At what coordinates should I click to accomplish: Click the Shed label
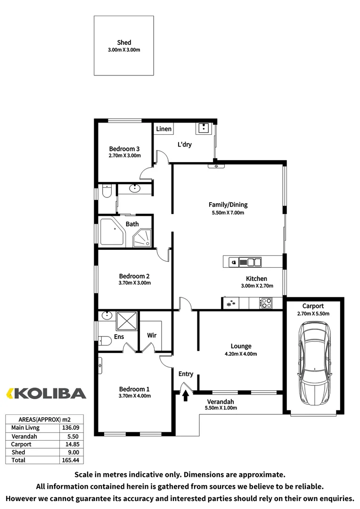point(124,42)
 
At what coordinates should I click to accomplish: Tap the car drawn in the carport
point(314,362)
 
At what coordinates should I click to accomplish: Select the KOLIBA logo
point(46,393)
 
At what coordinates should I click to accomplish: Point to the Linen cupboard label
point(164,129)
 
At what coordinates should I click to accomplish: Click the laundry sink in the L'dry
point(203,128)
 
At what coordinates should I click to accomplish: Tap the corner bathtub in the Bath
point(111,231)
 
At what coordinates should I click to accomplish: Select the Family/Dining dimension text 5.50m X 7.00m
point(228,213)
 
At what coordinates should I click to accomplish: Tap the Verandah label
point(220,402)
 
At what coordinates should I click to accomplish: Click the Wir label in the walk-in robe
point(152,336)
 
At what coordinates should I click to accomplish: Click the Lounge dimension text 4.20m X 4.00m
point(241,354)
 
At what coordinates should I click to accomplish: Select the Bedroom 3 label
point(124,148)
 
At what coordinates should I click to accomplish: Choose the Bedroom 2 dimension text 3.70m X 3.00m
point(134,283)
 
